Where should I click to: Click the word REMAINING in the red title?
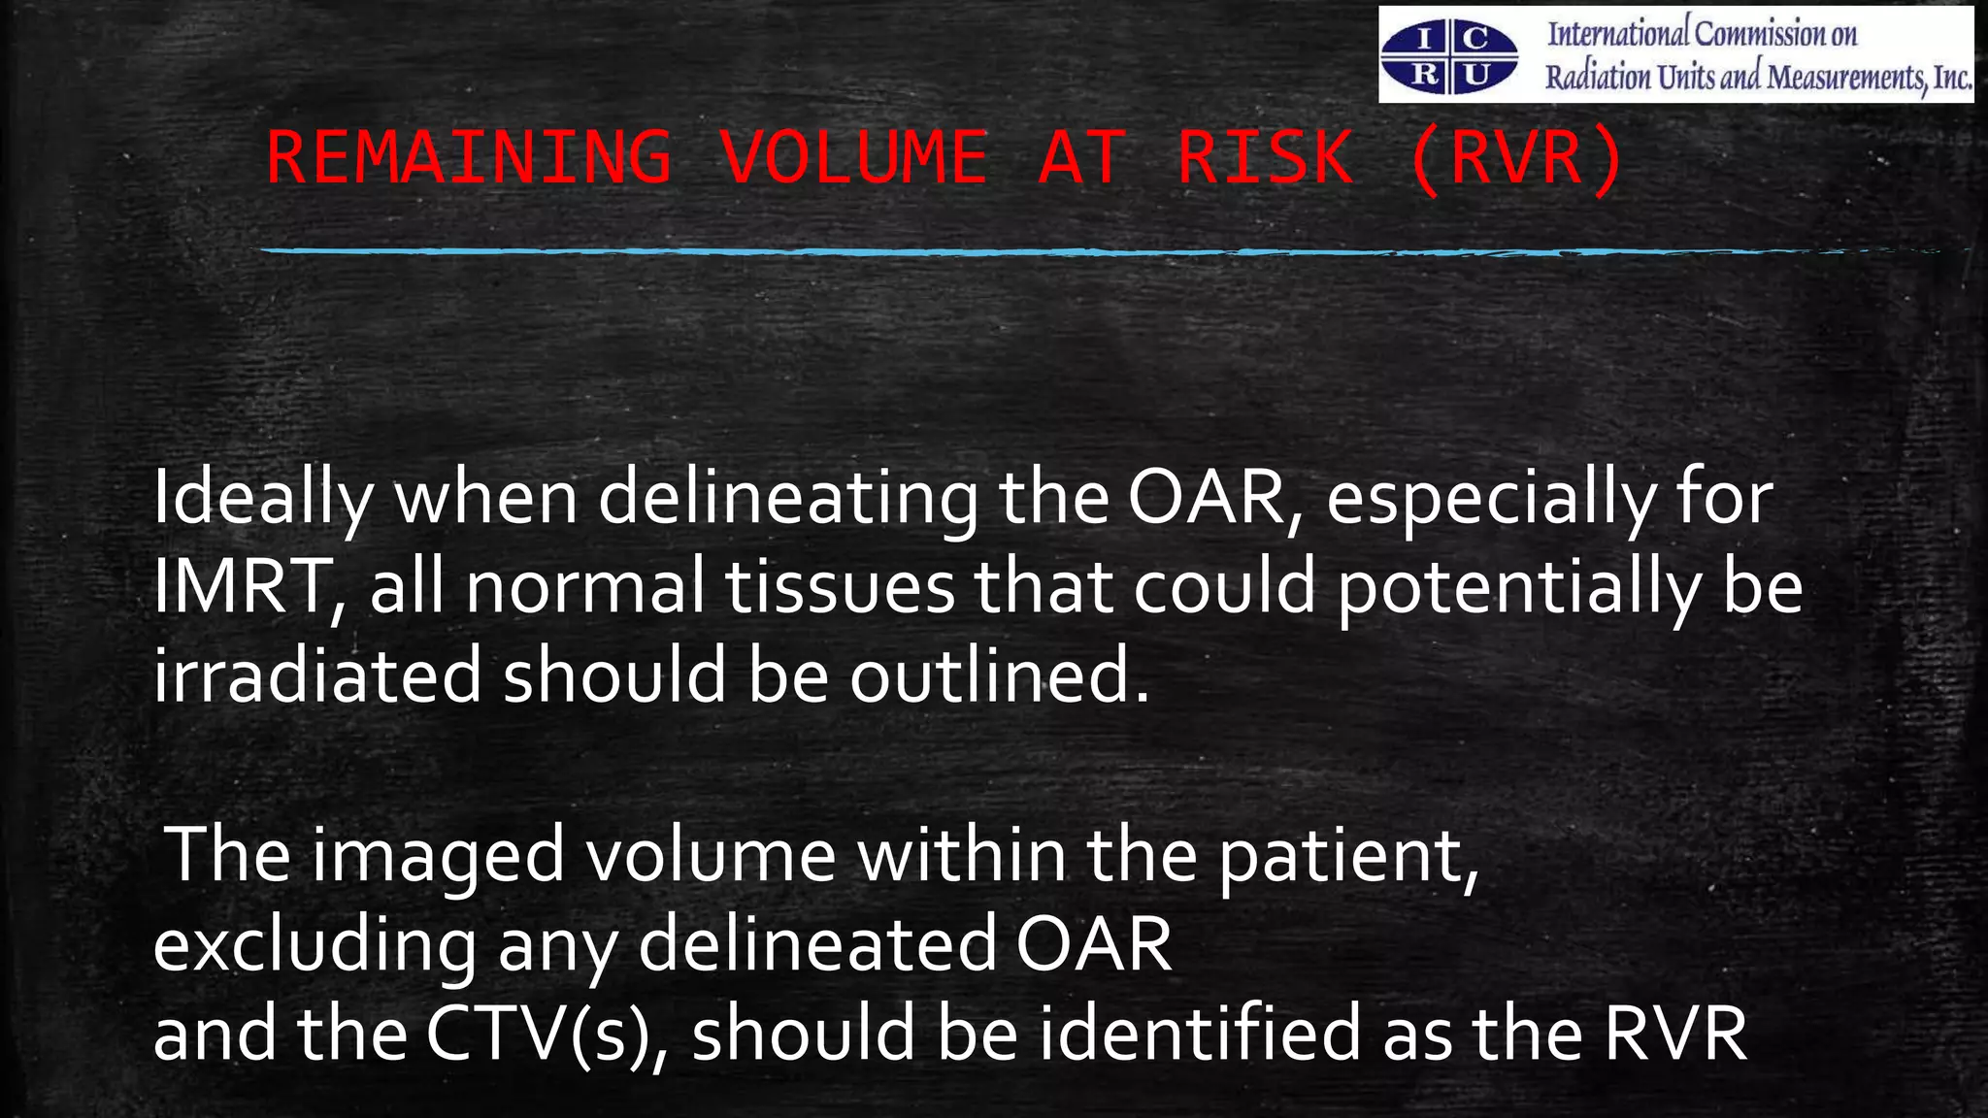tap(469, 157)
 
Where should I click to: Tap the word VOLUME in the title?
tap(853, 157)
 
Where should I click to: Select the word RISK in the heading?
tap(1265, 157)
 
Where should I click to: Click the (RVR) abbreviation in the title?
tap(1514, 157)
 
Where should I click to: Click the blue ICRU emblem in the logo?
tap(1449, 57)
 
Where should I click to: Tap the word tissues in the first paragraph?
tap(840, 587)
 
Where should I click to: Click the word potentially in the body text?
tap(1518, 587)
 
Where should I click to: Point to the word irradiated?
tap(317, 676)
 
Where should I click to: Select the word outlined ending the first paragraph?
tap(999, 676)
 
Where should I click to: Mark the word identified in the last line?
tap(1200, 1034)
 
